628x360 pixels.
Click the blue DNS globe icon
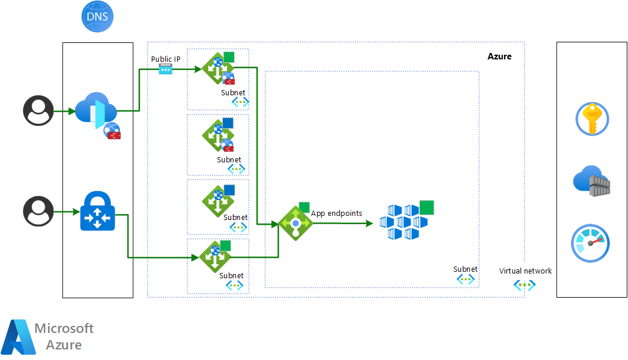pyautogui.click(x=97, y=16)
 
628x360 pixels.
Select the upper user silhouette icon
pyautogui.click(x=38, y=111)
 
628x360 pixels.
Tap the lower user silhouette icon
pyautogui.click(x=38, y=211)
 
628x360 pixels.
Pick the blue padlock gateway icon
pyautogui.click(x=98, y=211)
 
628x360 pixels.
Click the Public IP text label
pyautogui.click(x=166, y=59)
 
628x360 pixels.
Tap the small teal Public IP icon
pyautogui.click(x=166, y=69)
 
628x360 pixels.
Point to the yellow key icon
pyautogui.click(x=591, y=119)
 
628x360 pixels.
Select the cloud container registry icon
pyautogui.click(x=592, y=181)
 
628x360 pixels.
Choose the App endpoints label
pyautogui.click(x=336, y=214)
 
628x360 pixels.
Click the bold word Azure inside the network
pyautogui.click(x=499, y=56)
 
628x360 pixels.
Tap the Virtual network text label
pyautogui.click(x=525, y=271)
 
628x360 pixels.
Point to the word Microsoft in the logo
pyautogui.click(x=64, y=328)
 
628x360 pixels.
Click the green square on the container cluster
pyautogui.click(x=427, y=208)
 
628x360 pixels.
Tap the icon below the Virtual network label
pyautogui.click(x=525, y=285)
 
